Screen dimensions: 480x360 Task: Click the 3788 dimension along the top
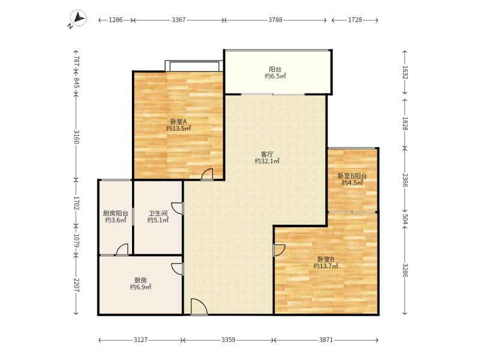tap(275, 20)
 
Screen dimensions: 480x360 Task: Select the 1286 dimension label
tap(116, 20)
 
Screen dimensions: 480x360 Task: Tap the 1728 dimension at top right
tap(355, 20)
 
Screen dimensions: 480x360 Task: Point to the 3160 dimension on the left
tap(77, 137)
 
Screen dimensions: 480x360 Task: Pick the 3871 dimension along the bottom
tap(326, 340)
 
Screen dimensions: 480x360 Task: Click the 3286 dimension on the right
tap(404, 270)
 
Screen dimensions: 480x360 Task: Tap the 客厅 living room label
tap(267, 154)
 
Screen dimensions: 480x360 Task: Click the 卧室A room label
tap(178, 122)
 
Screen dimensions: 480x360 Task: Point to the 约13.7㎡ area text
tap(326, 266)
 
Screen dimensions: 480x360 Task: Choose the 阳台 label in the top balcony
tap(275, 70)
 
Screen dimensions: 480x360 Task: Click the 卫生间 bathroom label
tap(158, 213)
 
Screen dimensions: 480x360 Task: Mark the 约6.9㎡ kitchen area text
tap(140, 287)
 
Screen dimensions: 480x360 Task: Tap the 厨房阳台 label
tap(115, 214)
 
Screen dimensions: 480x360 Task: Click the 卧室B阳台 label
tap(352, 176)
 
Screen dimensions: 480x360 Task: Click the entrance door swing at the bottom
tap(199, 307)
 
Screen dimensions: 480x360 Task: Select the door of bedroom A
tap(207, 174)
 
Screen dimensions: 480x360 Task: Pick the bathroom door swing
tap(177, 208)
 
